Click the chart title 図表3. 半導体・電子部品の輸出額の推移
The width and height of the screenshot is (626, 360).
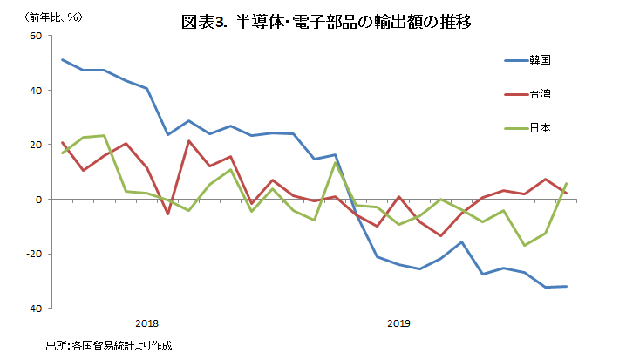click(x=326, y=23)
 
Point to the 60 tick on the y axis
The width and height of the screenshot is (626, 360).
click(x=36, y=36)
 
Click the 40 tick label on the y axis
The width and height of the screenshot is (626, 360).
click(x=36, y=91)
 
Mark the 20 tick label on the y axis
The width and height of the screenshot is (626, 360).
click(x=36, y=145)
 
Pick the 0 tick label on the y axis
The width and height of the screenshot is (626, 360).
click(x=38, y=200)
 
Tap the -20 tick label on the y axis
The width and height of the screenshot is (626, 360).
click(x=33, y=254)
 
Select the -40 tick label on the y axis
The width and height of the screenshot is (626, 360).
click(x=33, y=309)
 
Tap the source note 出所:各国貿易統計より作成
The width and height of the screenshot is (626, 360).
click(x=109, y=346)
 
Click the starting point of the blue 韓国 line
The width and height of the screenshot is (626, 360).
click(x=62, y=59)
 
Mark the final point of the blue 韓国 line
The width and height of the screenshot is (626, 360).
click(x=567, y=286)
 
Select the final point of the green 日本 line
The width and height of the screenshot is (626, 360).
click(x=567, y=183)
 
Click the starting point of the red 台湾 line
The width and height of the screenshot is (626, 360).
click(x=62, y=142)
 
